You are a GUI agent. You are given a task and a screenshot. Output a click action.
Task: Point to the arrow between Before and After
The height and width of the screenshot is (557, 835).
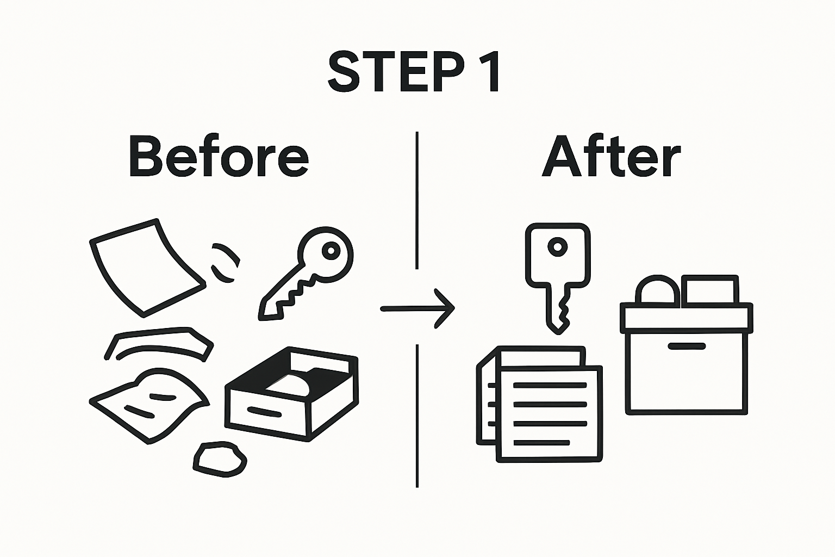[417, 308]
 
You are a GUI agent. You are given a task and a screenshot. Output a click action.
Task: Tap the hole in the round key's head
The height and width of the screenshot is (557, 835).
[331, 251]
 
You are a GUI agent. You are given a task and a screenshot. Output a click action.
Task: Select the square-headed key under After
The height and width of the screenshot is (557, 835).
[558, 272]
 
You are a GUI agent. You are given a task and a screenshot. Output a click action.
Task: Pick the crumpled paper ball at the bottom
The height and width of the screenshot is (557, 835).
[220, 460]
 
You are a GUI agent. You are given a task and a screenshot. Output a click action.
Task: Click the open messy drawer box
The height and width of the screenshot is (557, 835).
[292, 394]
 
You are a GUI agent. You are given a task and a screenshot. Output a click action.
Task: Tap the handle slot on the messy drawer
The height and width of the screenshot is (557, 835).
[264, 412]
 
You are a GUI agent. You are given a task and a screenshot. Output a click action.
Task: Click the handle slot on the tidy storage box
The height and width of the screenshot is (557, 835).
[687, 346]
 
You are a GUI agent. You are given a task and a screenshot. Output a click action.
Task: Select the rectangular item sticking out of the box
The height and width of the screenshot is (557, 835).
[709, 290]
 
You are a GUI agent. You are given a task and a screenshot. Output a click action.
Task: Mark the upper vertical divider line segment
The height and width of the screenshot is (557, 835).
[417, 200]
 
